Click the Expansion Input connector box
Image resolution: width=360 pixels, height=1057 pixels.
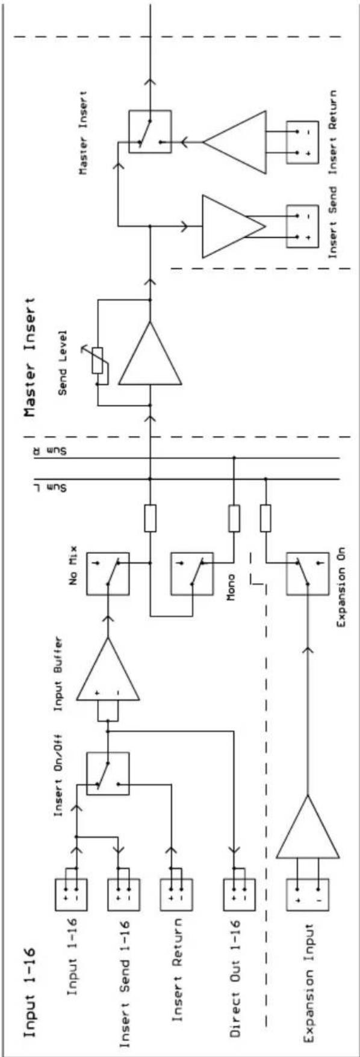tap(307, 893)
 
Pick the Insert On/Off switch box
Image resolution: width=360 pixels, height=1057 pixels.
tap(108, 773)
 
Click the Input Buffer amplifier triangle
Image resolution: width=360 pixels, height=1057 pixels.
tap(108, 669)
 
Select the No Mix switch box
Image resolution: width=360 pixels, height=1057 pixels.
tap(108, 572)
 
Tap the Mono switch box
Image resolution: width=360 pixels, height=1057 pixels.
tap(192, 572)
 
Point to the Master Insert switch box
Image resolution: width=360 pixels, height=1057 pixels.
tap(150, 131)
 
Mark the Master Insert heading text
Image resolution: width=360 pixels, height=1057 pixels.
tap(30, 356)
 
